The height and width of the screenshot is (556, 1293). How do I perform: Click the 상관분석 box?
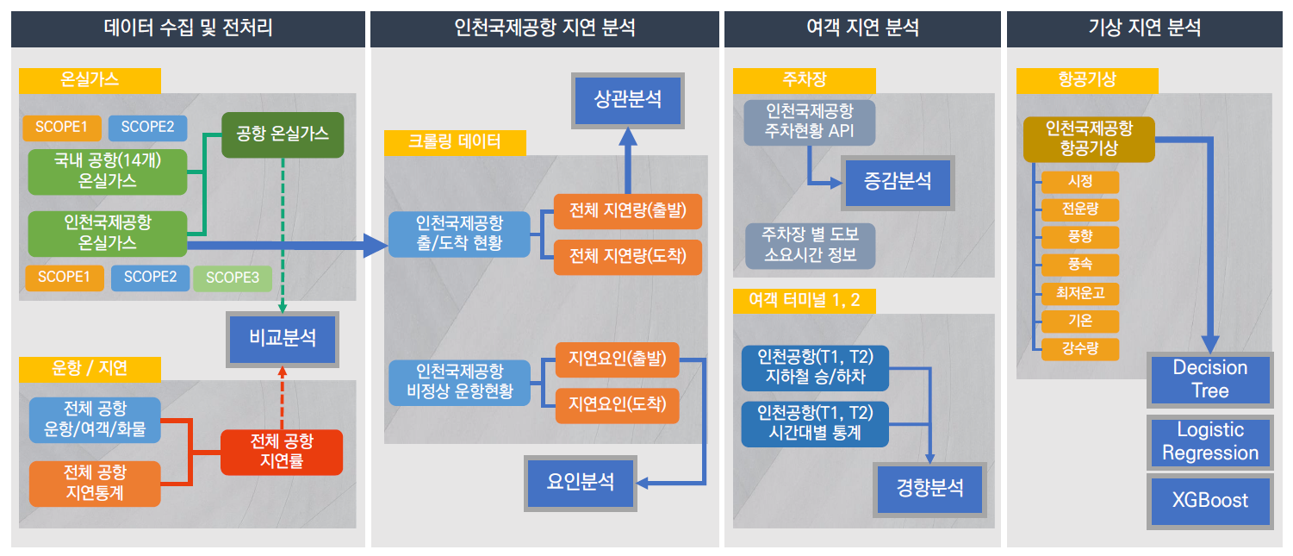[628, 99]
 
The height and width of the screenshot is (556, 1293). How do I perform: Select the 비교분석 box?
[282, 337]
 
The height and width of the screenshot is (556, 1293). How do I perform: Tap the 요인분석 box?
[581, 482]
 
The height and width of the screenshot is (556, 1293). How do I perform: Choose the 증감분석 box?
[898, 181]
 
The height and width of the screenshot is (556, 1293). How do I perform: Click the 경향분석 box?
[929, 489]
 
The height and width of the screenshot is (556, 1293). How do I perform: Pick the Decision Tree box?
[1209, 379]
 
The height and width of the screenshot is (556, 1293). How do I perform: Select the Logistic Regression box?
[1209, 441]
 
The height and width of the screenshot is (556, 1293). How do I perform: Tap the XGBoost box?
[1209, 500]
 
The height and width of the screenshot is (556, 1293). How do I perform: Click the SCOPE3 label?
[232, 278]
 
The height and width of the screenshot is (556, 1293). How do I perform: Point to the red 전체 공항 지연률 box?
[282, 452]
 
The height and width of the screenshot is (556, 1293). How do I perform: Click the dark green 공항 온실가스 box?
[282, 134]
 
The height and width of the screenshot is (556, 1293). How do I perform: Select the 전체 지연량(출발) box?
[628, 211]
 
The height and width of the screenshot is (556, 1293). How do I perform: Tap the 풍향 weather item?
[1079, 237]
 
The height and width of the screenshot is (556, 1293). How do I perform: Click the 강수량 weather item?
[1079, 349]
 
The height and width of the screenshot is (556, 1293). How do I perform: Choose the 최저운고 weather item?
[1079, 293]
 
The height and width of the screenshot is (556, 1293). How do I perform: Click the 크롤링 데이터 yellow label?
[454, 142]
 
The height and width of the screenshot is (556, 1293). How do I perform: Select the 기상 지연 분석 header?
[1145, 28]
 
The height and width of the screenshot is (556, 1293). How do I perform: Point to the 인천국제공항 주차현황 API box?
[809, 122]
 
